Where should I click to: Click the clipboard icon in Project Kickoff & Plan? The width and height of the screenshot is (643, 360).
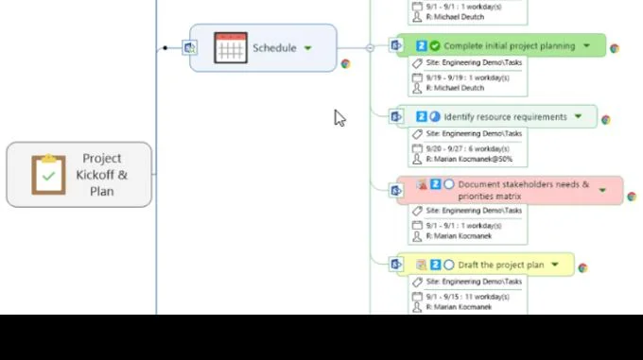click(x=48, y=175)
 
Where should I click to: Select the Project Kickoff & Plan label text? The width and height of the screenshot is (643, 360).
click(x=102, y=175)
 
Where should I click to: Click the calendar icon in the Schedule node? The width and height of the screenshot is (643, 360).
click(x=230, y=48)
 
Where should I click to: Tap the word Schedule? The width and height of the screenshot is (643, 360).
click(x=274, y=48)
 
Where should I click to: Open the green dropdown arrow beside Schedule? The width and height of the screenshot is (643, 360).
click(x=308, y=48)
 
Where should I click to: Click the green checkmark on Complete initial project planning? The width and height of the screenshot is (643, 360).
click(x=435, y=45)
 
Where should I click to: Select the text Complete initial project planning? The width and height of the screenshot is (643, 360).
click(x=509, y=45)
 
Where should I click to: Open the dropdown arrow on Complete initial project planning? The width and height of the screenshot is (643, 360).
click(x=587, y=45)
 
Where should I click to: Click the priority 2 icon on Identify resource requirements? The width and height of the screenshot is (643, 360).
click(x=422, y=117)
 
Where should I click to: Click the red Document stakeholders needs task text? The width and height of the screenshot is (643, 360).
click(x=523, y=190)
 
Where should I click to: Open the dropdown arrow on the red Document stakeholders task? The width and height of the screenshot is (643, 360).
click(x=602, y=190)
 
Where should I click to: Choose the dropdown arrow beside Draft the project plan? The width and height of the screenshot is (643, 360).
click(x=555, y=265)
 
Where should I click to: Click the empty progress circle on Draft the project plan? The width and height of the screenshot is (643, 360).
click(x=449, y=265)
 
